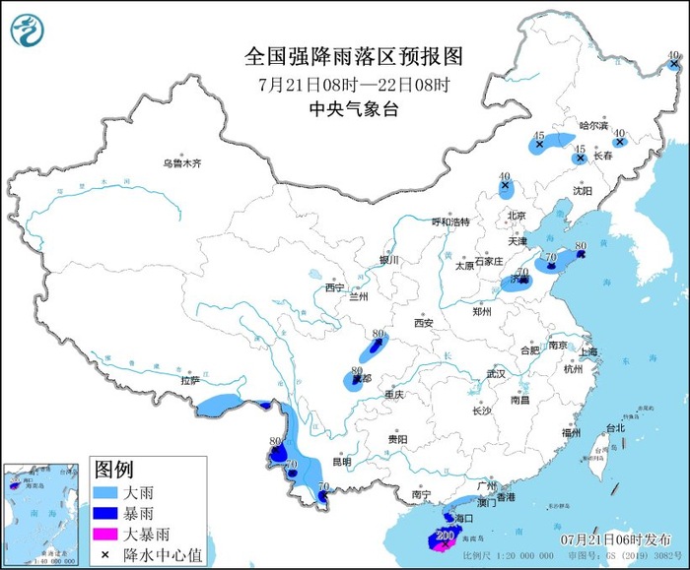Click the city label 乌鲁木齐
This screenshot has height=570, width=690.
[x=182, y=163]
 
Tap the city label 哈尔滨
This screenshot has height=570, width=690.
[x=594, y=125]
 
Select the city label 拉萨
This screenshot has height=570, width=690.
[x=189, y=379]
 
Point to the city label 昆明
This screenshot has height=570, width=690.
[x=341, y=461]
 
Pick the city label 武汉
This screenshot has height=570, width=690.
[x=495, y=374]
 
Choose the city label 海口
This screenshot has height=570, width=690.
[x=466, y=517]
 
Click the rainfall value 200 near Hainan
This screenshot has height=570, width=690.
[x=444, y=536]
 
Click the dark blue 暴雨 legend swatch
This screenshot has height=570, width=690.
[x=112, y=513]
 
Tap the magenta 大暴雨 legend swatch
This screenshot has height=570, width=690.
[x=112, y=535]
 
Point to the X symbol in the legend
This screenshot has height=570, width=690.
[x=104, y=555]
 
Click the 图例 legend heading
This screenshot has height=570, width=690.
[x=113, y=469]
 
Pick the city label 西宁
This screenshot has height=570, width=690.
[x=335, y=288]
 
